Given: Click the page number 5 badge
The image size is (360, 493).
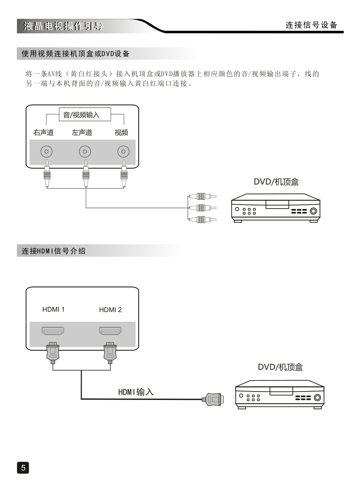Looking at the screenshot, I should coord(23,467).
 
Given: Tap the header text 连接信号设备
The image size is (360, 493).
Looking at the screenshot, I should coord(311,25).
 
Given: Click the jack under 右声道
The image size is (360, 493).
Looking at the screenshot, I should coord(47,152).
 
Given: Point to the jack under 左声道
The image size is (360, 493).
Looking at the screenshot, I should coord(85,152).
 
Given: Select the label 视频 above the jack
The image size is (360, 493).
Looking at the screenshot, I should coord(121,132).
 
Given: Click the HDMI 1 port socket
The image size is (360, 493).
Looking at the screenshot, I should coord(53,331).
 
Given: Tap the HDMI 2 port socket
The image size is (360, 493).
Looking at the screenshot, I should coord(110,331).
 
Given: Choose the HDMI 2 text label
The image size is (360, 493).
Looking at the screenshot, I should coord(110,310).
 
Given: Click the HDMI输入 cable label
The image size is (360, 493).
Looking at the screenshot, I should coord(136,392).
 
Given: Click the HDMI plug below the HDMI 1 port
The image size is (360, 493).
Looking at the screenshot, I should coord(53,352).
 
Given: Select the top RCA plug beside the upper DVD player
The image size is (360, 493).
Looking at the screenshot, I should coord(202,197).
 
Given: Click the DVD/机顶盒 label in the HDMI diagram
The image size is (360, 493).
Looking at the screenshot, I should coord(280,367).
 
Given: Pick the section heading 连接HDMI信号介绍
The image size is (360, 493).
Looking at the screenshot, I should coord(53,252).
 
